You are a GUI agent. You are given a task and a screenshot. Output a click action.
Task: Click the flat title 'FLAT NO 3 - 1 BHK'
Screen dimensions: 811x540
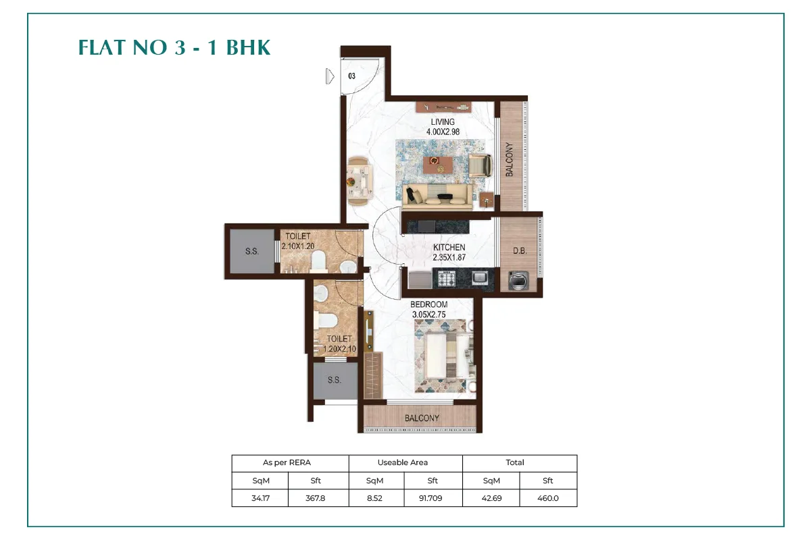tap(174, 48)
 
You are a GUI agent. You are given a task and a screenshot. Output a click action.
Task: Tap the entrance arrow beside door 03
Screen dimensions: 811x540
tap(330, 76)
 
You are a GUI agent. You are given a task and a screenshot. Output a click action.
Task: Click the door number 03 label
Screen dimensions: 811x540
tap(351, 76)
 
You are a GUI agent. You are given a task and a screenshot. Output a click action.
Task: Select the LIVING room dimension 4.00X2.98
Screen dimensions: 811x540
tap(443, 132)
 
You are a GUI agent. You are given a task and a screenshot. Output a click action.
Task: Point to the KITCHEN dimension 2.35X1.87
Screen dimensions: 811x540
tap(449, 257)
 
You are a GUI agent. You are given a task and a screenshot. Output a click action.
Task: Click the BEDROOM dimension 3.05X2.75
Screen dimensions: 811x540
tap(428, 315)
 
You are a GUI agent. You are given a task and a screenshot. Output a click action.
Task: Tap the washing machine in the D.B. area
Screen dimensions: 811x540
tap(518, 280)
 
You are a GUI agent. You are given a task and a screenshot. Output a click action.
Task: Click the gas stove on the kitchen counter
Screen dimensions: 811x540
tap(447, 279)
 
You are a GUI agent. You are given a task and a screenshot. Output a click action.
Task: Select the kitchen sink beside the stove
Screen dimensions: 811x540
tap(480, 278)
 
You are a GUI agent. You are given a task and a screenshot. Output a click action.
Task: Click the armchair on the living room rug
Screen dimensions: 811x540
tap(481, 165)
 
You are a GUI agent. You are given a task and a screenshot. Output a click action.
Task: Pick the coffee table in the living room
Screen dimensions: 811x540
tap(438, 165)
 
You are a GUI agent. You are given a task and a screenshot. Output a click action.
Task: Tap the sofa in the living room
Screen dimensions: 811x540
tap(437, 196)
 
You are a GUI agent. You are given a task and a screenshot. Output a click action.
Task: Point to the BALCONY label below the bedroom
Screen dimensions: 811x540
tap(422, 418)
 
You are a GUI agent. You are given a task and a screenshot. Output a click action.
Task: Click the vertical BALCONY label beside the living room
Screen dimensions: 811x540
tap(510, 159)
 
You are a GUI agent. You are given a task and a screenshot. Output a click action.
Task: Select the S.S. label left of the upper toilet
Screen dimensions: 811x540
tap(252, 251)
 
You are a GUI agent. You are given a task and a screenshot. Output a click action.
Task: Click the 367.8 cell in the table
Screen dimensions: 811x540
tap(315, 498)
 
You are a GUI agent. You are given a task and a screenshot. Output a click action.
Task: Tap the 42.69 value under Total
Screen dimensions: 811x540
tap(491, 498)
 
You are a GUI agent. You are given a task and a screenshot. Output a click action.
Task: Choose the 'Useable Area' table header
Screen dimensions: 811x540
tap(403, 462)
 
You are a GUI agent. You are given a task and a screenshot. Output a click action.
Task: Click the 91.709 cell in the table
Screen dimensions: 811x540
tap(431, 498)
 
